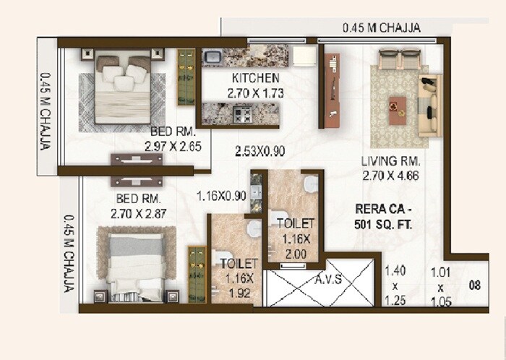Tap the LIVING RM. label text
point(393,168)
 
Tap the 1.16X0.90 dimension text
point(222,194)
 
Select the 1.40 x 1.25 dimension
point(393,285)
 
